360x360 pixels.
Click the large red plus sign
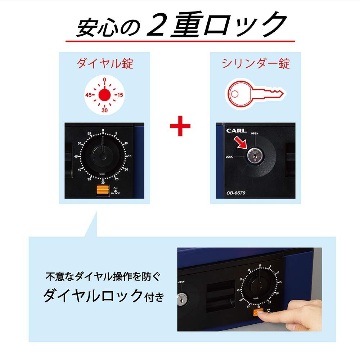pyautogui.click(x=180, y=128)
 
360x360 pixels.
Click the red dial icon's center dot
pyautogui.click(x=104, y=95)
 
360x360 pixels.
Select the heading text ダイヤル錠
pyautogui.click(x=105, y=64)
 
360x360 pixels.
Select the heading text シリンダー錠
pyautogui.click(x=256, y=64)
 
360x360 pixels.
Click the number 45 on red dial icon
pyautogui.click(x=90, y=95)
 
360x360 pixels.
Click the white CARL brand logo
pyautogui.click(x=237, y=131)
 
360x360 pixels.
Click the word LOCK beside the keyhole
pyautogui.click(x=230, y=157)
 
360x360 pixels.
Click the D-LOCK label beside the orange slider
pyautogui.click(x=116, y=193)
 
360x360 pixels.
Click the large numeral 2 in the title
pyautogui.click(x=157, y=25)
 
